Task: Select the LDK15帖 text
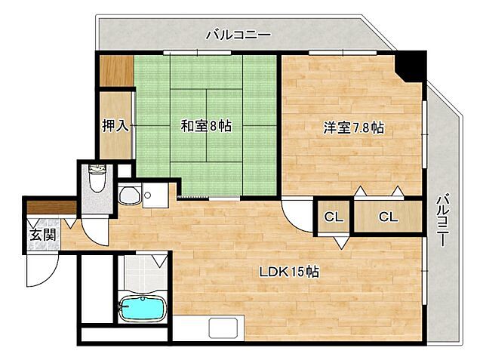coord(290,272)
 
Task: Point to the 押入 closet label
coord(115,125)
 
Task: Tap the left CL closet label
coord(334,217)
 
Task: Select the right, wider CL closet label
coord(387,217)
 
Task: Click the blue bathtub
coord(143,309)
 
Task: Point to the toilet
coord(96,181)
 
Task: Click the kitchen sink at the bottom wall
coord(224,328)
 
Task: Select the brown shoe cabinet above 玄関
coord(51,207)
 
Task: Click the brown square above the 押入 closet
coord(117,72)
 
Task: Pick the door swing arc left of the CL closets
coord(297,214)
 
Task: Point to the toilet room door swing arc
coord(96,226)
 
